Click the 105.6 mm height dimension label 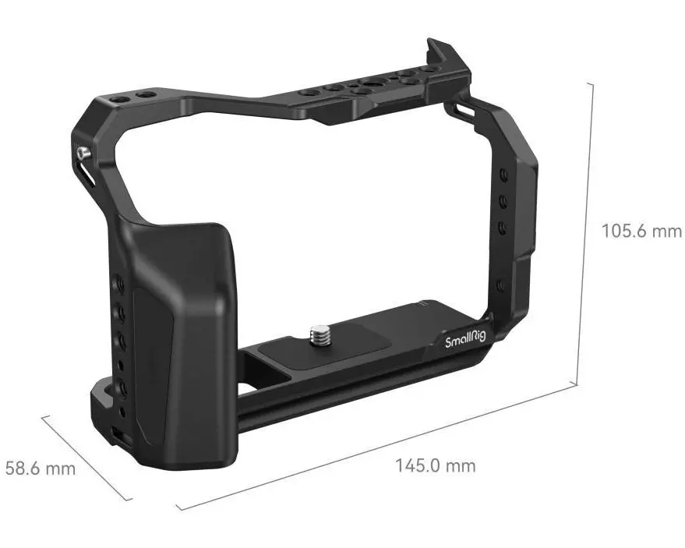641,231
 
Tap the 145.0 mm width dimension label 436,466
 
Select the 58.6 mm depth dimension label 41,468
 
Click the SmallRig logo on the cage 465,339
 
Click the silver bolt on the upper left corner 83,153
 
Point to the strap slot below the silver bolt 86,174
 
